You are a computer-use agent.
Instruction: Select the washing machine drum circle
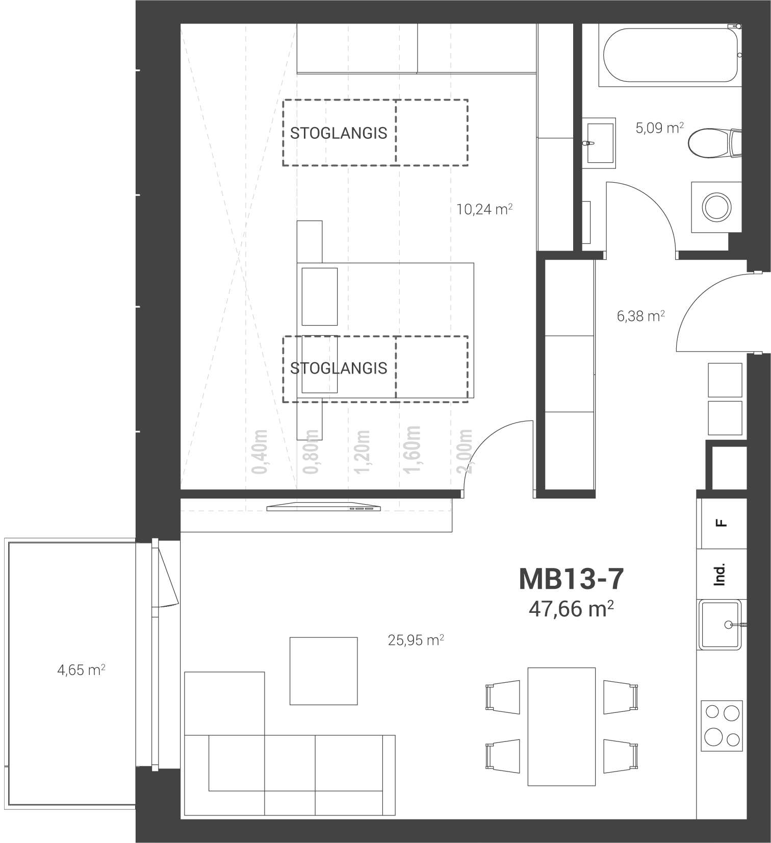[716, 207]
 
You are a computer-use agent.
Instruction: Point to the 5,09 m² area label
[659, 128]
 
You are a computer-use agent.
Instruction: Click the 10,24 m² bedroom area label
[484, 209]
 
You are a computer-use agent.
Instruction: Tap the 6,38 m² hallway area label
[640, 316]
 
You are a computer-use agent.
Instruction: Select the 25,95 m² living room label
[416, 640]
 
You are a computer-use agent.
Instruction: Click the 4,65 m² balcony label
[81, 670]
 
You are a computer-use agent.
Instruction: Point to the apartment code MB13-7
[571, 579]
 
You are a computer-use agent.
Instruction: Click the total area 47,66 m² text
[571, 608]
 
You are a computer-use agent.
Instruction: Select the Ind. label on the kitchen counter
[719, 575]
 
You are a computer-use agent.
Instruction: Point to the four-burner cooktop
[722, 725]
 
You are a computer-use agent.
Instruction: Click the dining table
[561, 726]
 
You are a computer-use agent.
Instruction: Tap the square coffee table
[323, 671]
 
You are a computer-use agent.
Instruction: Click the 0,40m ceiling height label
[260, 451]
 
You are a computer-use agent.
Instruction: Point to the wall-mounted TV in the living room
[324, 507]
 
